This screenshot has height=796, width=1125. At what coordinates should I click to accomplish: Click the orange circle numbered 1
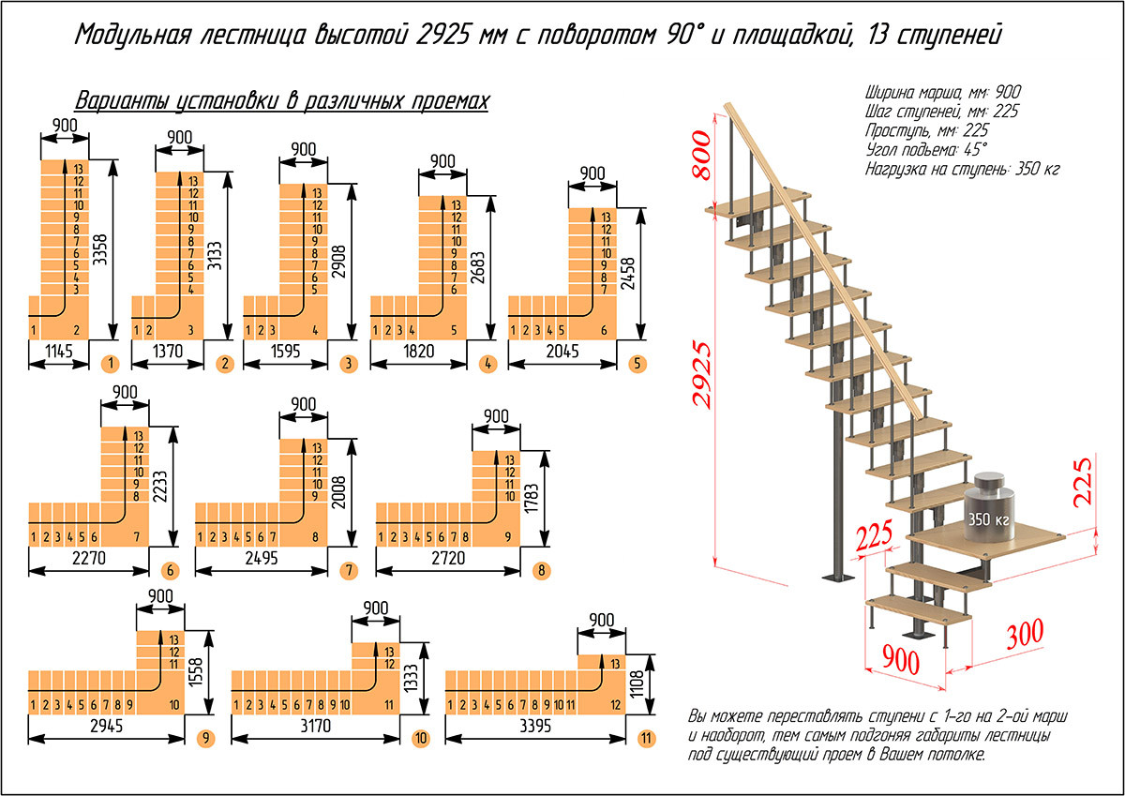pos(111,364)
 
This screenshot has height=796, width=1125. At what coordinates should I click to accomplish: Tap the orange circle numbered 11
pos(646,738)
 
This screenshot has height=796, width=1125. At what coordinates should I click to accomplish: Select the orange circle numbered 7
pos(349,570)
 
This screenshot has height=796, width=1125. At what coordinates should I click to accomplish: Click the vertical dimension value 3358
pos(100,249)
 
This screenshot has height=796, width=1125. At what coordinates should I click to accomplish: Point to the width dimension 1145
pos(59,351)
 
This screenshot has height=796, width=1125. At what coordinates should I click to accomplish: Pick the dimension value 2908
pos(339,262)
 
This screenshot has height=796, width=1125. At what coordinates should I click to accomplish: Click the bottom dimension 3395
pos(535,726)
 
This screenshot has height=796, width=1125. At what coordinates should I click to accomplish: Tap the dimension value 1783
pos(531,498)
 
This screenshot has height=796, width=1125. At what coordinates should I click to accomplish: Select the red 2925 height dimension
pos(701,374)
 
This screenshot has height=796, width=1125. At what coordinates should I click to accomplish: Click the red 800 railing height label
pos(701,155)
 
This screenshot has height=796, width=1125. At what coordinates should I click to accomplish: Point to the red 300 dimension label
pos(1025,634)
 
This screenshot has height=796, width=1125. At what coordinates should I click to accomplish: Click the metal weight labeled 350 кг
pos(988,507)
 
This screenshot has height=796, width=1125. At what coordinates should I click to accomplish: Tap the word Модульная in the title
pos(133,35)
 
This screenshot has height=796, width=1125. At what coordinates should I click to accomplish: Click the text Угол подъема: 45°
pos(926,150)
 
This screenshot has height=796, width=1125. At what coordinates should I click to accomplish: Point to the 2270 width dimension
pos(89,558)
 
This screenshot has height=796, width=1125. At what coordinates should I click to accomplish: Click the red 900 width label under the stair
pos(901,660)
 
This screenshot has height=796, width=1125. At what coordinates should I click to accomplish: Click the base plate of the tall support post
pos(839,577)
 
